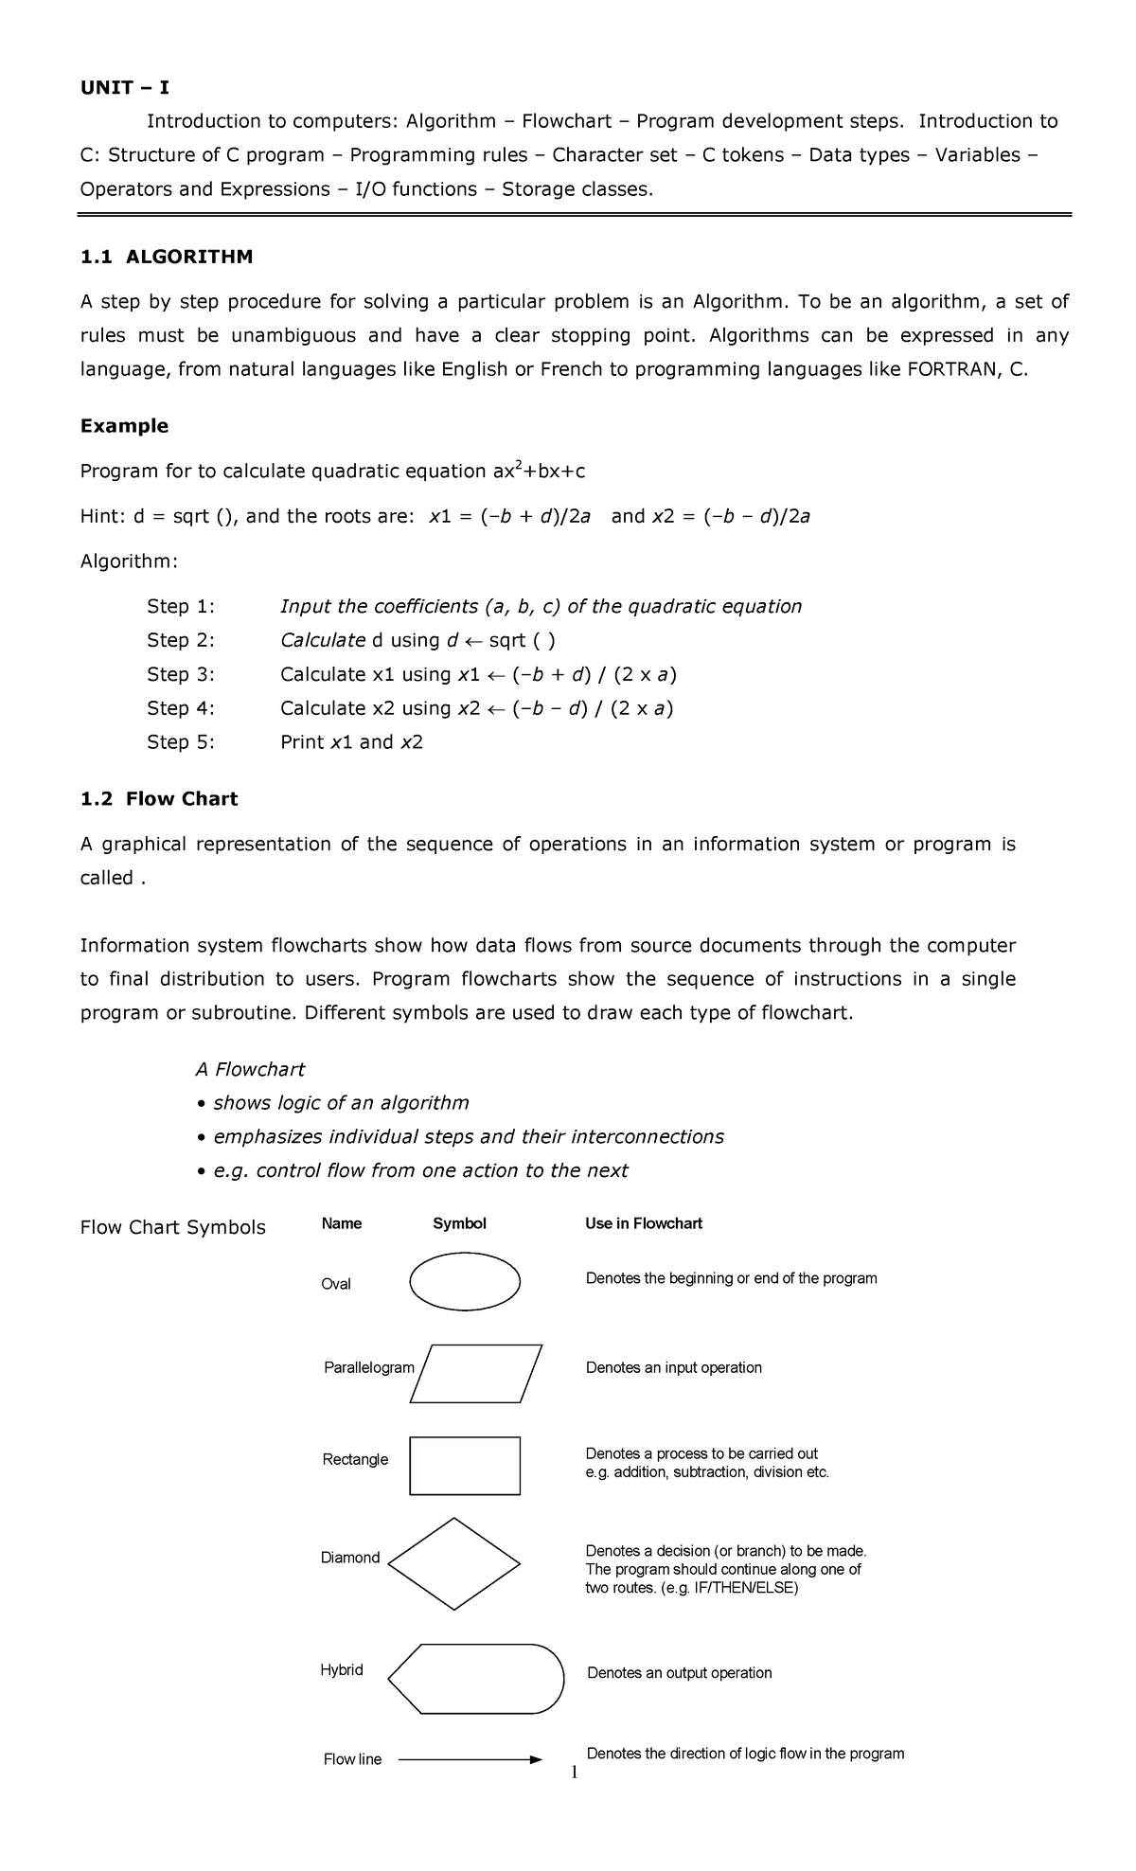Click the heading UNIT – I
coord(124,88)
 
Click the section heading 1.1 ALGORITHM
coord(167,257)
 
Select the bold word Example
coord(124,426)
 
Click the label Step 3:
coord(181,674)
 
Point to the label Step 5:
coord(181,742)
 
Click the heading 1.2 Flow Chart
coord(159,799)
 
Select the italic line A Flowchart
coord(250,1069)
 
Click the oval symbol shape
coord(465,1281)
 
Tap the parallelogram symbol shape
coord(476,1373)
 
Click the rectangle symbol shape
coord(465,1466)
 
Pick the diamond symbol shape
coord(454,1563)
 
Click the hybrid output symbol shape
coord(476,1678)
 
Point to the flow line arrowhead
coord(536,1759)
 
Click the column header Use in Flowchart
coord(644,1223)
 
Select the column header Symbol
coord(459,1223)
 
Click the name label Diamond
coord(350,1558)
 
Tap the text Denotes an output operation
coord(679,1673)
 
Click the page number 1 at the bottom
coord(574,1773)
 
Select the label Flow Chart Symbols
coord(172,1227)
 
